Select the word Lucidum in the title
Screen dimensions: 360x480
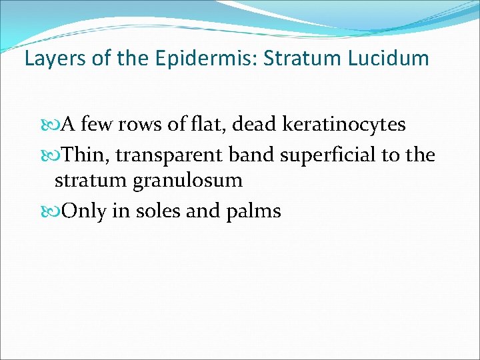point(388,59)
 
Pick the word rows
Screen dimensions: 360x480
point(147,125)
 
